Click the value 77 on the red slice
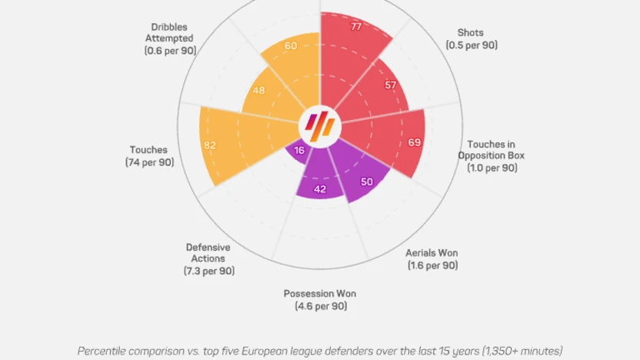356,26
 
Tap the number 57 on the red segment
391,85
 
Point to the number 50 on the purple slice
367,182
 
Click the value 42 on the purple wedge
321,189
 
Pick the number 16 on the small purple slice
299,151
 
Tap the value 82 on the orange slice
210,145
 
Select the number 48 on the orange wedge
258,91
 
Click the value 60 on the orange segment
291,45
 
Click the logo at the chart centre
320,124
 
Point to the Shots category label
471,32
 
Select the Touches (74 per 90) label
149,156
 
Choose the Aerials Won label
432,258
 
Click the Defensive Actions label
208,252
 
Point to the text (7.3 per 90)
208,271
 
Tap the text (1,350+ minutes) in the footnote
523,350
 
